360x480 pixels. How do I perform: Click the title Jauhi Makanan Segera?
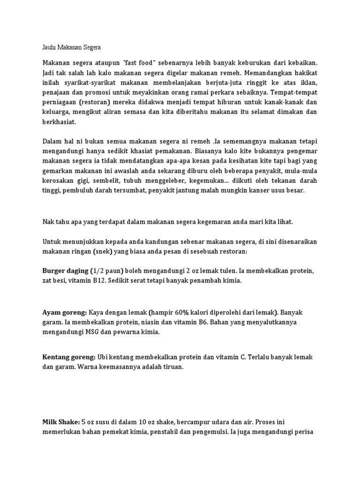[71, 47]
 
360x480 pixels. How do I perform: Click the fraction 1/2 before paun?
[98, 271]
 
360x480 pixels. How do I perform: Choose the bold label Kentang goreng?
[68, 357]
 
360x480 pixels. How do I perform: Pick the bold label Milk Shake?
[61, 409]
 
